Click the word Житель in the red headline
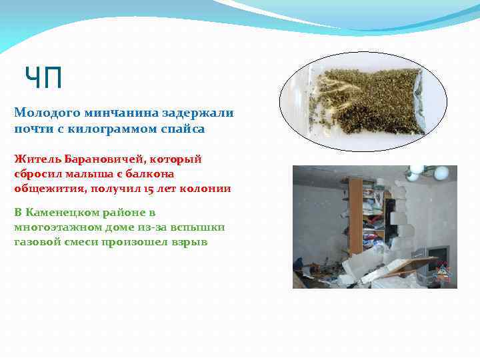[35, 159]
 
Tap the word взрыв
[189, 242]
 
